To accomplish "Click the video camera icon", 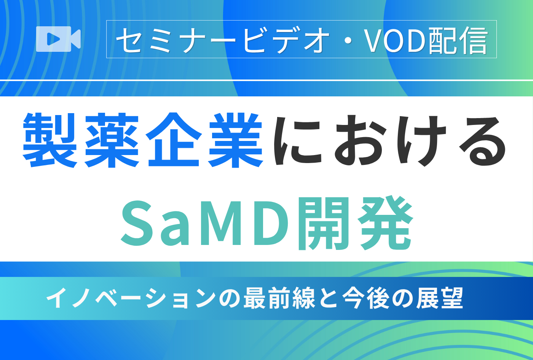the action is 58,39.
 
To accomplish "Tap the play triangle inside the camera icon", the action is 53,39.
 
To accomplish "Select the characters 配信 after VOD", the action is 458,40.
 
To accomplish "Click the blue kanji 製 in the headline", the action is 50,140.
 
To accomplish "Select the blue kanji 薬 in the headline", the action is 112,140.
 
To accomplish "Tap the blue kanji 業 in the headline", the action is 236,140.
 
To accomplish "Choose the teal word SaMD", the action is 205,224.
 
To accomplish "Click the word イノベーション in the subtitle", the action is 131,298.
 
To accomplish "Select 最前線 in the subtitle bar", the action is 279,298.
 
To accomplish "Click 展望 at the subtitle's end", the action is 439,298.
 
